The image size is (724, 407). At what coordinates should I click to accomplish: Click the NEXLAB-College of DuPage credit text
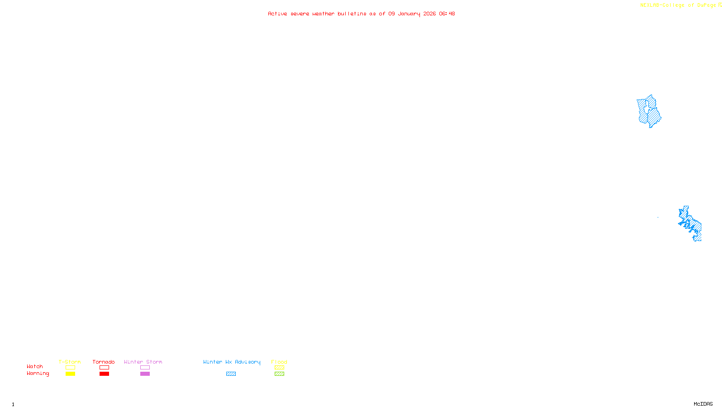coord(678,5)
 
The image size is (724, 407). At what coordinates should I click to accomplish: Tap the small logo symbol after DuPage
coord(720,5)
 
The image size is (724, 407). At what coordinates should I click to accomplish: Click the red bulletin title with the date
coord(361,14)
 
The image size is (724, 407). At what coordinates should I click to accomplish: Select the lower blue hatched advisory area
coord(691,223)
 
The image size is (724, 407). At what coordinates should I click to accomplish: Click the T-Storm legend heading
coord(70,362)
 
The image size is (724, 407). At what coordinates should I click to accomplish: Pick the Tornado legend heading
coord(104,362)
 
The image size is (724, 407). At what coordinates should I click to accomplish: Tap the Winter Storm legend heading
coord(143,362)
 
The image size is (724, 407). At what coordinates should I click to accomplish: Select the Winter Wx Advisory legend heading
coord(232,362)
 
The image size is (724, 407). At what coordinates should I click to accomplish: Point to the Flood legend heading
coord(279,362)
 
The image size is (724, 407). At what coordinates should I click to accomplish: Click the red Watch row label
coord(35,366)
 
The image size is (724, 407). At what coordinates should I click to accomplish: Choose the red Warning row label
coord(38,374)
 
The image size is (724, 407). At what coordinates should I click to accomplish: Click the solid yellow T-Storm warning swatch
coord(70,374)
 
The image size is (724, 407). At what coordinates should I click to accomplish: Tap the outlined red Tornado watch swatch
coord(104,368)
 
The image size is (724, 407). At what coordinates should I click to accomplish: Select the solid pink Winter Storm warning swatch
coord(145,374)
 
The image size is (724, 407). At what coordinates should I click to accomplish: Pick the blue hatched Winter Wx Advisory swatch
coord(231,374)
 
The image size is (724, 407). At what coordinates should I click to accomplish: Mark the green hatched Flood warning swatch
coord(279,374)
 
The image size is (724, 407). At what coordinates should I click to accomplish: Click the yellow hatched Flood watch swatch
coord(279,368)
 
